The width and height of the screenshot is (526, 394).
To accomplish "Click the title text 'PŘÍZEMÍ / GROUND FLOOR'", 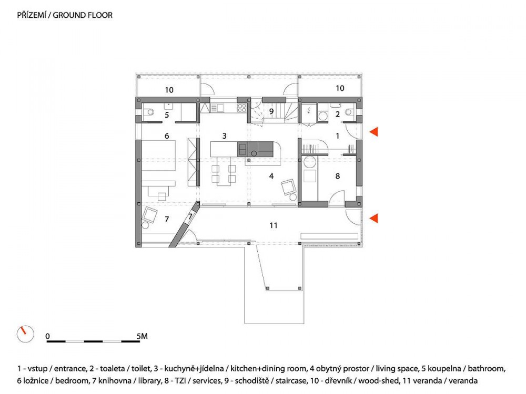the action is point(65,15).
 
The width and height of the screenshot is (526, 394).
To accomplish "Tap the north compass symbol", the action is point(25,334).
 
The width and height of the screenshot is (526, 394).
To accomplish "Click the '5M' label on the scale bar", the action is point(142,336).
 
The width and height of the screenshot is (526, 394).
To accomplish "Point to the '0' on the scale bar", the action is point(48,336).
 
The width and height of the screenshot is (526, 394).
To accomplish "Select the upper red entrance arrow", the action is point(373,132).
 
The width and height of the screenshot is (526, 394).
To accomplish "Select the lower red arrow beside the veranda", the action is point(373,218).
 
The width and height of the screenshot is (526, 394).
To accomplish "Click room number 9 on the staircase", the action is point(271,111).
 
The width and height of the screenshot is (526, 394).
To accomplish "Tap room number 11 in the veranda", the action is point(274,225).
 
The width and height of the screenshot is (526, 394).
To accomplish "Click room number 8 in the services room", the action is point(338,176).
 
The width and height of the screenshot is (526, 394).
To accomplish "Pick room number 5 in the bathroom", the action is point(167,115).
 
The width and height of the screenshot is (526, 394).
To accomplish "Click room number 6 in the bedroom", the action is point(167,136).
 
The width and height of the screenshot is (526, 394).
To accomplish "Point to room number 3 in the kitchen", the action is point(225,136).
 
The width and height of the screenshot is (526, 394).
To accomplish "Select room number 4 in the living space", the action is point(271,176).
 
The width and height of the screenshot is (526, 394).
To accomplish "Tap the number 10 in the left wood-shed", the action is point(169,90).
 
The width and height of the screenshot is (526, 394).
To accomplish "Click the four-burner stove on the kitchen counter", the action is point(242,108).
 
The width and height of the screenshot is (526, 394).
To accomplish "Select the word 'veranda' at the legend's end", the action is point(463,380).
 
